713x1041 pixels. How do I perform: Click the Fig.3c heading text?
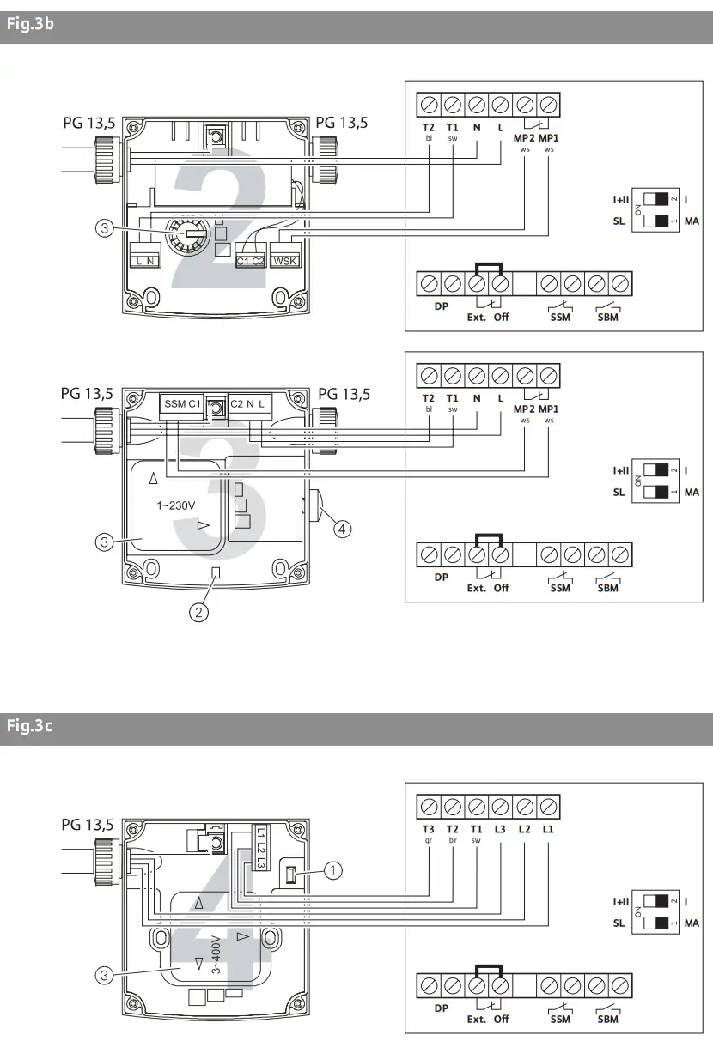point(31,727)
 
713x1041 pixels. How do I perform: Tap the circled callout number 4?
point(341,529)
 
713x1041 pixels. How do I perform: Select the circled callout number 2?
point(199,612)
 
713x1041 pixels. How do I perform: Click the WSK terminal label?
point(283,260)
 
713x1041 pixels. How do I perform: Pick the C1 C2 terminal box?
point(249,260)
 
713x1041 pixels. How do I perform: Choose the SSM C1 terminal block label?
point(182,403)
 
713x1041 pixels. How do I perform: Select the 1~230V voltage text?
point(174,505)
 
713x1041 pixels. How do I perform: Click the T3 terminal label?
point(428,829)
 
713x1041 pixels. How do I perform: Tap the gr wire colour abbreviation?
point(428,841)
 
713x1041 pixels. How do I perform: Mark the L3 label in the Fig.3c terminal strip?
point(500,829)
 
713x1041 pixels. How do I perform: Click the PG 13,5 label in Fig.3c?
point(87,825)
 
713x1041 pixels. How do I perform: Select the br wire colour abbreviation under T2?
point(452,841)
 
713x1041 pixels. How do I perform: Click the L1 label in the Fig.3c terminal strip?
point(548,829)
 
